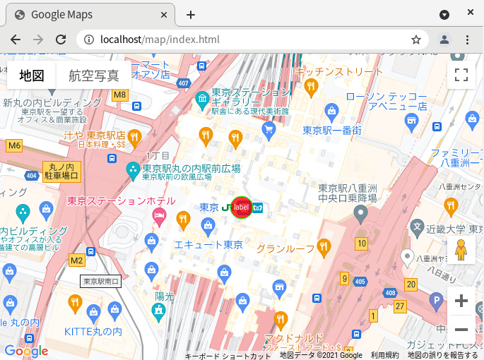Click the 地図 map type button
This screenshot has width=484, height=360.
(x=32, y=76)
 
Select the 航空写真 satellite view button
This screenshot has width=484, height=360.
(x=94, y=76)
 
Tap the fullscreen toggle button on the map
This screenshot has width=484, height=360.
(x=461, y=75)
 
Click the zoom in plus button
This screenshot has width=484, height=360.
(x=461, y=301)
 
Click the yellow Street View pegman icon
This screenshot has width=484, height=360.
(x=461, y=250)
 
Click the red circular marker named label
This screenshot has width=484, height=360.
(x=242, y=207)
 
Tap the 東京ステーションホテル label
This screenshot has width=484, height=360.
(x=111, y=200)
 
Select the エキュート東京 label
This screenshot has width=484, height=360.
(x=208, y=245)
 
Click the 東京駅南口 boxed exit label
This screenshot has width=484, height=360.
(x=101, y=282)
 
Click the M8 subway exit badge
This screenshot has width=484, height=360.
(x=119, y=94)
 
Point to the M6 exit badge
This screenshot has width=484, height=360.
(x=13, y=145)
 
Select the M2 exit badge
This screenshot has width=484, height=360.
(x=76, y=260)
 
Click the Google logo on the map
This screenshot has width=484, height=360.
(x=25, y=351)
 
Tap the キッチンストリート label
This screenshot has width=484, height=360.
(x=339, y=71)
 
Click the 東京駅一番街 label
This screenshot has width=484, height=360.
(x=332, y=130)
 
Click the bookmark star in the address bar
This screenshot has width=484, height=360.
(x=416, y=40)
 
